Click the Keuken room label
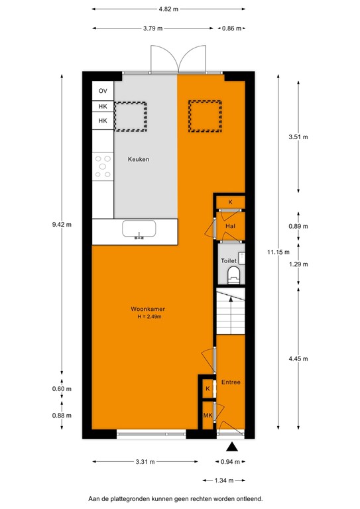(x=139, y=160)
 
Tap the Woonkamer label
(x=147, y=309)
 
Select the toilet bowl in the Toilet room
(x=233, y=274)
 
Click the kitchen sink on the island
(x=139, y=229)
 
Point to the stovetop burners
(x=103, y=166)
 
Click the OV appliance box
(x=103, y=91)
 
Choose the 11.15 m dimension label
(x=278, y=251)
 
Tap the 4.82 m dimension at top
(x=169, y=9)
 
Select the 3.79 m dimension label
(x=153, y=28)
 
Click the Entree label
(x=231, y=382)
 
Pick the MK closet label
(x=208, y=416)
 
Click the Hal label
(x=230, y=226)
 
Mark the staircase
(x=230, y=313)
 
